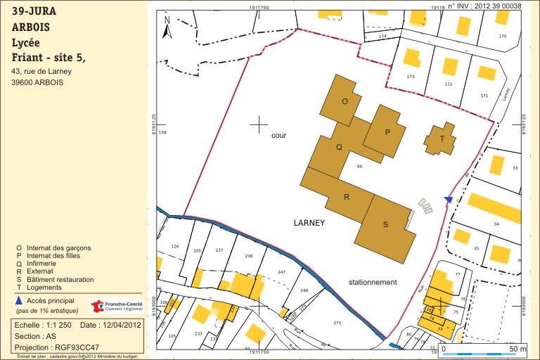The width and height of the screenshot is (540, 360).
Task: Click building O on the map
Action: pyautogui.click(x=345, y=102)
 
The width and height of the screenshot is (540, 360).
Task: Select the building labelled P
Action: pyautogui.click(x=386, y=131)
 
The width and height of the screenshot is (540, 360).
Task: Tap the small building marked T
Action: pyautogui.click(x=441, y=139)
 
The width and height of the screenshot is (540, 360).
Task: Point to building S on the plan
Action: pyautogui.click(x=384, y=224)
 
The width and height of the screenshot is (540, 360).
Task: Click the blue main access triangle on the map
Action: pyautogui.click(x=449, y=200)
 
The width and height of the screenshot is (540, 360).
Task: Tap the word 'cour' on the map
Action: pyautogui.click(x=279, y=136)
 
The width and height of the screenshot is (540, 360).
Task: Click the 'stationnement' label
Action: pyautogui.click(x=373, y=282)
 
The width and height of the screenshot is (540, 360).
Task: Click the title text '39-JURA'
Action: pyautogui.click(x=34, y=11)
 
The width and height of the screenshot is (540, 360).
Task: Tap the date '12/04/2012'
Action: pyautogui.click(x=121, y=325)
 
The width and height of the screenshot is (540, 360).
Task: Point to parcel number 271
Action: pyautogui.click(x=337, y=323)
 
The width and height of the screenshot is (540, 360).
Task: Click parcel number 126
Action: pyautogui.click(x=175, y=247)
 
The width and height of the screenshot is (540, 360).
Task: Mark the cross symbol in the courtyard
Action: pyautogui.click(x=259, y=124)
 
